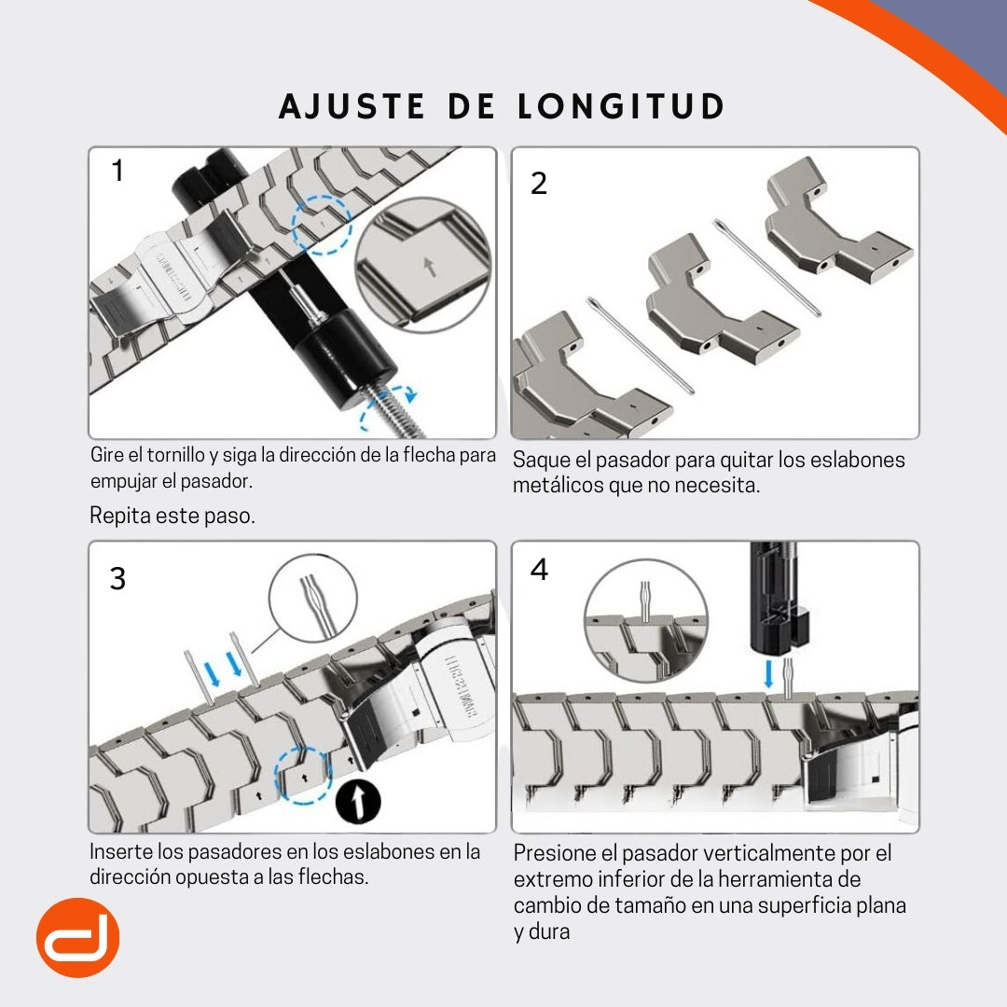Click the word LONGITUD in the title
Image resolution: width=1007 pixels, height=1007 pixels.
[x=621, y=106]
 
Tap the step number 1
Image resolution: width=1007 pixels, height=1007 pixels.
[x=117, y=172]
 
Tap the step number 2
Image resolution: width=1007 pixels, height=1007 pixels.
[x=538, y=184]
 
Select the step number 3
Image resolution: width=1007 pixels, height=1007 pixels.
[x=117, y=579]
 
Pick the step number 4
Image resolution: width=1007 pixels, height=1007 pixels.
[x=539, y=570]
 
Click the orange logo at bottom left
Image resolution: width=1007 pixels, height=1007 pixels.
[x=77, y=937]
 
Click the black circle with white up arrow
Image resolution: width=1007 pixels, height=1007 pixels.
[x=359, y=801]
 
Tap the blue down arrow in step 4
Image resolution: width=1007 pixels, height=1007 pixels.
[x=768, y=674]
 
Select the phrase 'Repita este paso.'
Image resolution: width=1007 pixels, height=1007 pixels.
[x=172, y=516]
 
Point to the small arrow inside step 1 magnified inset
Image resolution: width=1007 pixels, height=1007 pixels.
[x=428, y=267]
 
